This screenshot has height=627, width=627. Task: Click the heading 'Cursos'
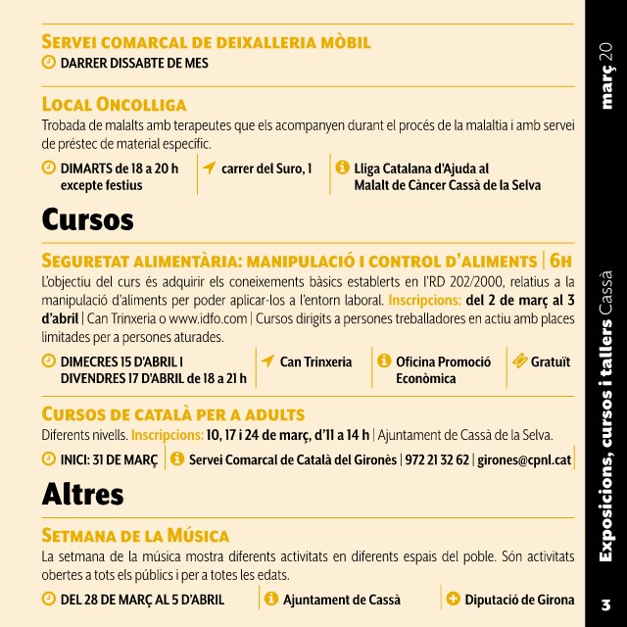87,219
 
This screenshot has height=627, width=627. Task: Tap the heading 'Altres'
83,495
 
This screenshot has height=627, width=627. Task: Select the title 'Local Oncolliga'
114,104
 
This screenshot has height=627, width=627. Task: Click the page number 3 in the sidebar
605,603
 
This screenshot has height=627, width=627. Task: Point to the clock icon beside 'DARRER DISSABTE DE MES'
49,63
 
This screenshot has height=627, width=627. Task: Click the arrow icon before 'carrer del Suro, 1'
209,168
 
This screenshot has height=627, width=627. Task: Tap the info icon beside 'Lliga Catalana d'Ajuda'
342,168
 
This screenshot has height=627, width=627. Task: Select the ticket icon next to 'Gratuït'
520,362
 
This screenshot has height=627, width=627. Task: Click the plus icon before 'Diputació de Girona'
452,599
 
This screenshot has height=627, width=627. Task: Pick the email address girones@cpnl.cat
524,459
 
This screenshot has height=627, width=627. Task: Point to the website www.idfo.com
207,317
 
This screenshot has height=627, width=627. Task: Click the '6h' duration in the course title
560,261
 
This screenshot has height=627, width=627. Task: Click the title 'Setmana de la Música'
135,535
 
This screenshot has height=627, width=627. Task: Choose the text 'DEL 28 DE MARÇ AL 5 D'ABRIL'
142,599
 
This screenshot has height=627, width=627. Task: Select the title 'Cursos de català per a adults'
173,413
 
